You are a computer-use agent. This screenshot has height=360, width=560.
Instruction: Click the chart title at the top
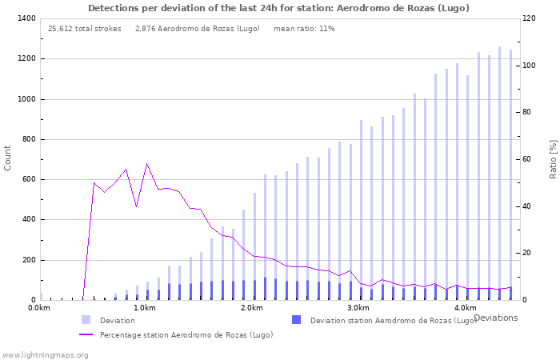tap(278, 8)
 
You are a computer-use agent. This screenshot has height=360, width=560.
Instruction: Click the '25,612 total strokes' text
tap(85, 29)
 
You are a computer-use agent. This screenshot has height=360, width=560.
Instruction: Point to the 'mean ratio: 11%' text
tap(304, 29)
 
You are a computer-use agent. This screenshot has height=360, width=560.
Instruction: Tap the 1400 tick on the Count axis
tap(26, 18)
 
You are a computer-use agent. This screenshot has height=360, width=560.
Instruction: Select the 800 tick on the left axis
tap(28, 139)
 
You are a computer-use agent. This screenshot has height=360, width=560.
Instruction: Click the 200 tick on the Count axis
tap(28, 260)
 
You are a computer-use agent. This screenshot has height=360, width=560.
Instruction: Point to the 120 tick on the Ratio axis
tap(530, 18)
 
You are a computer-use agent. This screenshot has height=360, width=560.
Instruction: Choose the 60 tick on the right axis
tap(529, 159)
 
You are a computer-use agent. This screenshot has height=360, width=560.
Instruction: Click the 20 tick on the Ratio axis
tap(529, 253)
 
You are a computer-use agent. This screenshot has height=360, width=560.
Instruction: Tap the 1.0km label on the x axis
tap(145, 308)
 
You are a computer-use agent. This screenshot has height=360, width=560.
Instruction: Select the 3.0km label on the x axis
tap(358, 308)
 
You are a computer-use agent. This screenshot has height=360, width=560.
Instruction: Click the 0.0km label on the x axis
tap(39, 308)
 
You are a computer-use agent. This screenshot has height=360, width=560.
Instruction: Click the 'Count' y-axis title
tap(8, 158)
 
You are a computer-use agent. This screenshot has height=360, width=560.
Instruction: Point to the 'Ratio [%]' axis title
tap(553, 158)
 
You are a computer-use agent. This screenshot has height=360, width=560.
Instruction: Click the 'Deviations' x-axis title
tap(495, 318)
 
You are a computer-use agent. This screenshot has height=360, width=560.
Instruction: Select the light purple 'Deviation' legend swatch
tap(86, 320)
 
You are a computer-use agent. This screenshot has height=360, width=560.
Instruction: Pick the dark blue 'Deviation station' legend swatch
tap(297, 320)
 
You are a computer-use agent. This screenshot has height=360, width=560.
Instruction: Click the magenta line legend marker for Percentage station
tap(86, 334)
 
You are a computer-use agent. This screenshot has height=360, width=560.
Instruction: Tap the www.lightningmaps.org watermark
tap(45, 354)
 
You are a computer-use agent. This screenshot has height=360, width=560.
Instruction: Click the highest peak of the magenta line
tap(146, 164)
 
